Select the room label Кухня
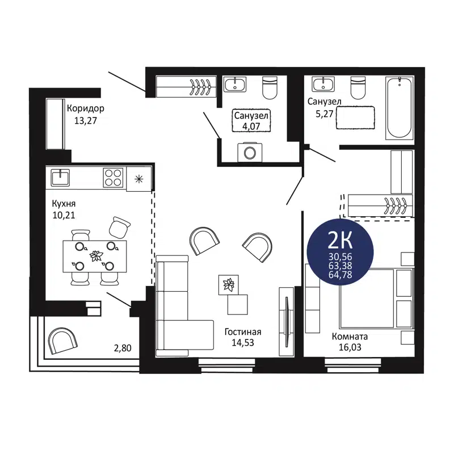(62, 204)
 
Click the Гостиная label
(242, 332)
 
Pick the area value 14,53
(242, 343)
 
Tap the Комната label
(350, 335)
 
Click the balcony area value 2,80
(123, 347)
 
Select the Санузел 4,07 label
(251, 115)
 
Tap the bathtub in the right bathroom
(400, 108)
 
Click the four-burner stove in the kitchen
(113, 178)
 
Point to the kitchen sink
(61, 177)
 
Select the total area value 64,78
(339, 275)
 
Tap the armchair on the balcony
(64, 342)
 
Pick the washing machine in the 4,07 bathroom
(248, 152)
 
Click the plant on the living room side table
(229, 283)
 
